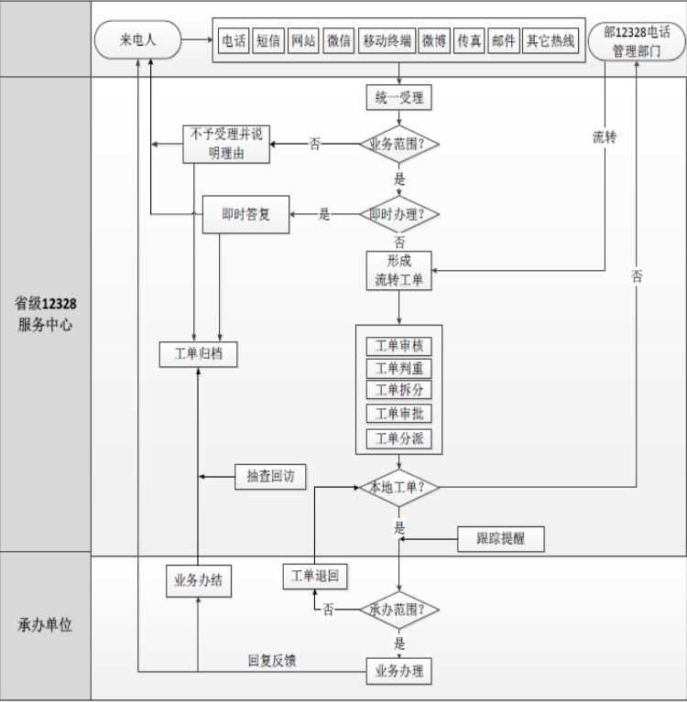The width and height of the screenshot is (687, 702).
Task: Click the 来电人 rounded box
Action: [138, 40]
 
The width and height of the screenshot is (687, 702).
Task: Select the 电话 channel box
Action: [234, 41]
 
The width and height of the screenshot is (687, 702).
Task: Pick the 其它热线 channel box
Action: [551, 41]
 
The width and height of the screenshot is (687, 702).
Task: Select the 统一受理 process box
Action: [398, 97]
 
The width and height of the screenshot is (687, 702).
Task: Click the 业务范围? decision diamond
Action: [398, 144]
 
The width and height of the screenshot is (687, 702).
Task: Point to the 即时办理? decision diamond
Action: [398, 214]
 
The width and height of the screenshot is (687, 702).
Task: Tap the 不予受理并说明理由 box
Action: [227, 144]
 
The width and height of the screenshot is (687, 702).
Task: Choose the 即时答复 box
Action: [245, 214]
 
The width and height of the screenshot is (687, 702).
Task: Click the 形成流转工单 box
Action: [398, 271]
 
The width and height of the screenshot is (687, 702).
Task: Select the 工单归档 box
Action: [198, 353]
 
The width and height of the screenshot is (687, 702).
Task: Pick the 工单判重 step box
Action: [398, 368]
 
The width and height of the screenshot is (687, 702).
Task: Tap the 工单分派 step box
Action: [398, 438]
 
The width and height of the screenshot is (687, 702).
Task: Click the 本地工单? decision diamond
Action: [398, 487]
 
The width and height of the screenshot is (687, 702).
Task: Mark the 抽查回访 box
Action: [270, 476]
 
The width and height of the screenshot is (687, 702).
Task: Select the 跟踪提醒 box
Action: [500, 539]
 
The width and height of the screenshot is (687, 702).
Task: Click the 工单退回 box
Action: [314, 576]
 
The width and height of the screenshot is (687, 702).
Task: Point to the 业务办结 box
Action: [198, 579]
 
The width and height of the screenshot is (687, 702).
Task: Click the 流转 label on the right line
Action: [605, 137]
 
